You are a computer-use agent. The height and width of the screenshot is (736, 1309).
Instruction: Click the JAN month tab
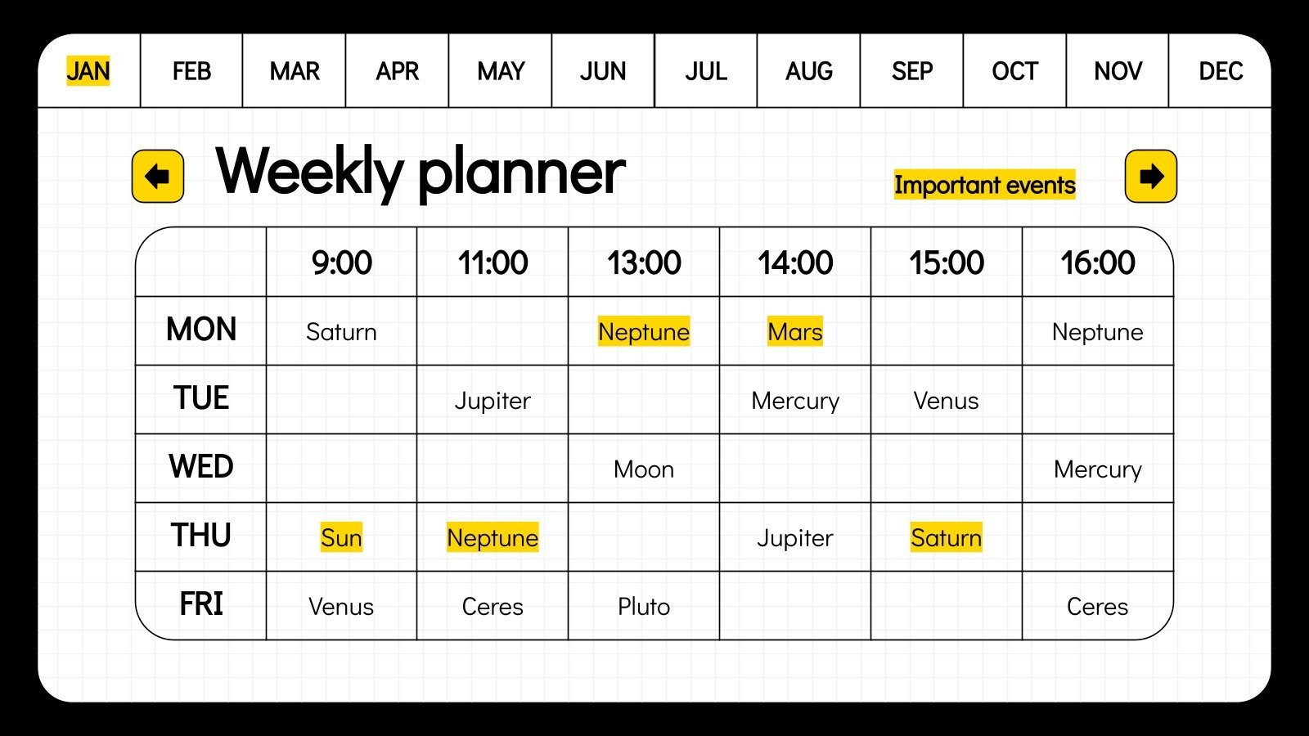[88, 71]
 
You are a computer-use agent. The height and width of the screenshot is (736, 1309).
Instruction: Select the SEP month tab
[911, 71]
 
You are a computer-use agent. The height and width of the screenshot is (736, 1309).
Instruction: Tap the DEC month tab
[1220, 71]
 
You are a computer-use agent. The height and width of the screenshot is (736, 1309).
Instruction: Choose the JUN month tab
[603, 71]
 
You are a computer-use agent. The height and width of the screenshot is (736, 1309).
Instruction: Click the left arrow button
[158, 176]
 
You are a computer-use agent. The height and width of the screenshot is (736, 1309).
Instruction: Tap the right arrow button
[1150, 176]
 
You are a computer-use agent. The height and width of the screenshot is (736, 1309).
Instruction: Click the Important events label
[984, 185]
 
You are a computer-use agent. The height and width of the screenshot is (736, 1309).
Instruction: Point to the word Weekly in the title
[309, 172]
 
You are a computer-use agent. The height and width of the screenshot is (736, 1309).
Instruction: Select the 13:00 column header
[644, 263]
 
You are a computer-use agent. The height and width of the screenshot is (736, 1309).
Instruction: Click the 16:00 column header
[1097, 263]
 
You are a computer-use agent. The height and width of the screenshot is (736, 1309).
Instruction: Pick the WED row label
[201, 467]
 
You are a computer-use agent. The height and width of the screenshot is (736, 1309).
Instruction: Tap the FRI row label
[201, 604]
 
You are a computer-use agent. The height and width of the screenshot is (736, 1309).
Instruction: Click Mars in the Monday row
[794, 332]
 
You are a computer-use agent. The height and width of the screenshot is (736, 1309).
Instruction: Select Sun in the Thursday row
[341, 537]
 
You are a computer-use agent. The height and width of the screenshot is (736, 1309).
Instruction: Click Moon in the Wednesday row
[644, 469]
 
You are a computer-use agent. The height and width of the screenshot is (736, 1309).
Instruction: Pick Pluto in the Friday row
[644, 607]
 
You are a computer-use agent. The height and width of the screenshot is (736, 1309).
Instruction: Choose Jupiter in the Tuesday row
[493, 401]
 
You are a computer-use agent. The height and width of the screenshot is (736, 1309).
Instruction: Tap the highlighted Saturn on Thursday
[946, 537]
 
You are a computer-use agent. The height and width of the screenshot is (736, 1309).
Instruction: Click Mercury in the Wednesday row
[1097, 469]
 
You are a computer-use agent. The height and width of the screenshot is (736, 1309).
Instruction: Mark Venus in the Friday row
[341, 607]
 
